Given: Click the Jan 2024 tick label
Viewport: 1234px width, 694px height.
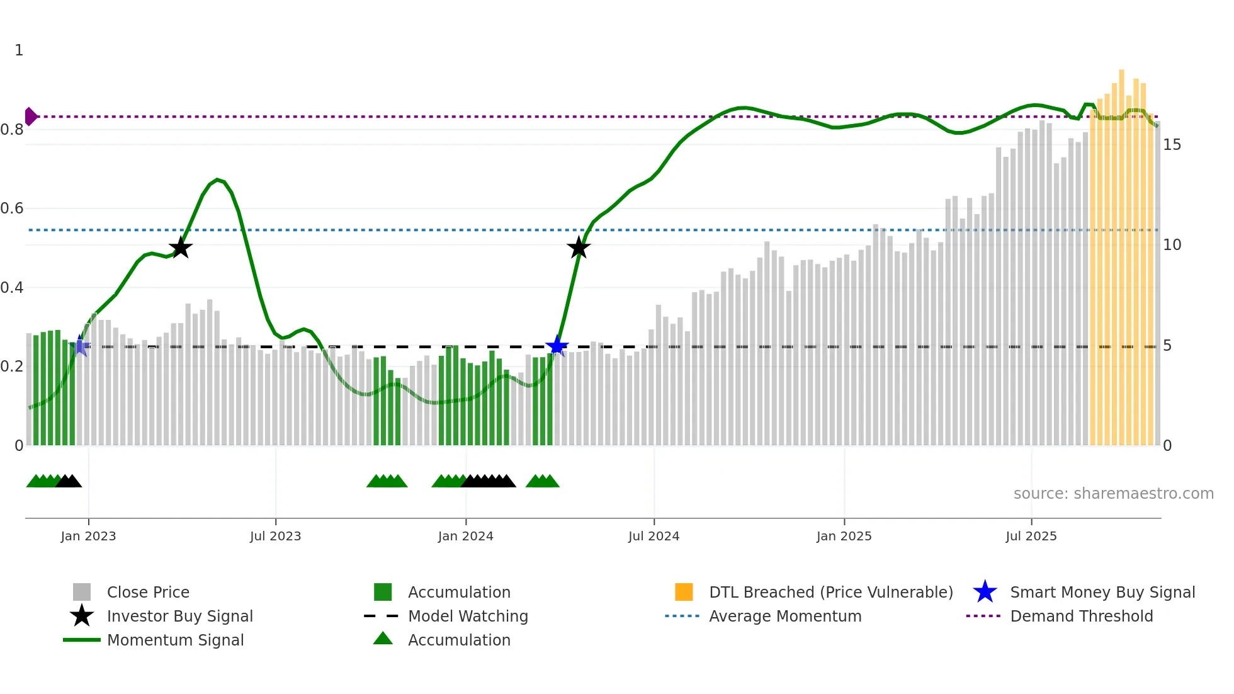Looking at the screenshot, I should (x=465, y=536).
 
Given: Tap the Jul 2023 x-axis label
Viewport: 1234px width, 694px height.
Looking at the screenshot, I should (x=275, y=536).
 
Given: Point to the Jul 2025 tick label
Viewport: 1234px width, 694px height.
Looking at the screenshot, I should (x=1031, y=536).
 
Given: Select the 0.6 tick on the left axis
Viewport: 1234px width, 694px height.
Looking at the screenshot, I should (x=12, y=208).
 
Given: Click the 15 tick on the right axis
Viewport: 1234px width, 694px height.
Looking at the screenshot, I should (x=1172, y=145).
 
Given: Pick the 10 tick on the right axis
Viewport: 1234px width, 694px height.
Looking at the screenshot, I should (x=1172, y=245).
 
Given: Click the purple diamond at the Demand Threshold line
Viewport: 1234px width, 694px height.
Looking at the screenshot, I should (x=30, y=117).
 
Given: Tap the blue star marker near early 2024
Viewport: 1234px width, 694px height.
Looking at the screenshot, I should (x=557, y=346).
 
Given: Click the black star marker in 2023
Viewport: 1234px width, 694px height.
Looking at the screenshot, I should (x=181, y=247).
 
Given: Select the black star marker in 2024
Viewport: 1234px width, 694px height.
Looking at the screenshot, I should (x=578, y=247).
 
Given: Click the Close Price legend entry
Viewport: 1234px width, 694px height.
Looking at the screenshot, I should (x=147, y=592).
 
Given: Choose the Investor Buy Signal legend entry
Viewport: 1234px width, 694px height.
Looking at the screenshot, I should (x=179, y=616).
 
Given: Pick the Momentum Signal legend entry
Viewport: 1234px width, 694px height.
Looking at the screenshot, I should (x=175, y=640).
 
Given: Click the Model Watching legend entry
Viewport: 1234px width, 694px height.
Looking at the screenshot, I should (x=467, y=616).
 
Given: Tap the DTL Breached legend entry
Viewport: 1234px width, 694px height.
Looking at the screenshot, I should (x=830, y=592).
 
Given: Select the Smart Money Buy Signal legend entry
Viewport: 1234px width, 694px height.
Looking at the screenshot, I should (x=1102, y=592).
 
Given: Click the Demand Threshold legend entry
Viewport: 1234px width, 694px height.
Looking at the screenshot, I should (x=1081, y=616).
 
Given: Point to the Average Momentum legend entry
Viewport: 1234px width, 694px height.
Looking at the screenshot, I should (x=784, y=616).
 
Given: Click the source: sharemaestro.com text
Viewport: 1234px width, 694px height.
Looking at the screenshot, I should (x=1113, y=494).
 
